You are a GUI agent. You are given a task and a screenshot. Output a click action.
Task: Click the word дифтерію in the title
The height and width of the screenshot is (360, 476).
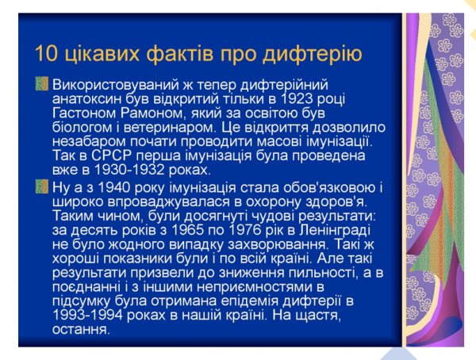(317, 54)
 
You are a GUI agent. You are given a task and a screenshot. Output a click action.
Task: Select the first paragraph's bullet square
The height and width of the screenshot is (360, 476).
(41, 83)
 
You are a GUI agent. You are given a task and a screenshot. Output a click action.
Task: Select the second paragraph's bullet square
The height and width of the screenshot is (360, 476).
(41, 187)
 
